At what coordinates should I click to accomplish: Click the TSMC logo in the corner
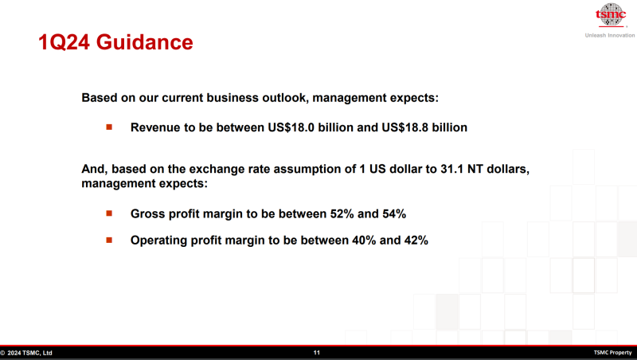(x=610, y=15)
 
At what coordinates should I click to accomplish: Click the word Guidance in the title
(x=144, y=42)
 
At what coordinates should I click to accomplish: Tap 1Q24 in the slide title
(x=64, y=42)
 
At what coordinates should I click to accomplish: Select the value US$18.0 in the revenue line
(x=291, y=127)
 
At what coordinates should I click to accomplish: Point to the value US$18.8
(x=404, y=127)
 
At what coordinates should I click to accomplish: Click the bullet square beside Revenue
(x=109, y=127)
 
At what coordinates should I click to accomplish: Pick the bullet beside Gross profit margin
(x=109, y=213)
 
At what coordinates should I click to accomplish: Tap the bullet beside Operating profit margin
(x=109, y=241)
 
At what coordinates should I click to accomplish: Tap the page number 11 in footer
(x=316, y=353)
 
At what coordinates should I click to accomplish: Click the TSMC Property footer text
(x=612, y=353)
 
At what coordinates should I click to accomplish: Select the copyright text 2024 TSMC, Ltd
(x=29, y=353)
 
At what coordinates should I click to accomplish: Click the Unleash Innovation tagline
(x=610, y=35)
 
